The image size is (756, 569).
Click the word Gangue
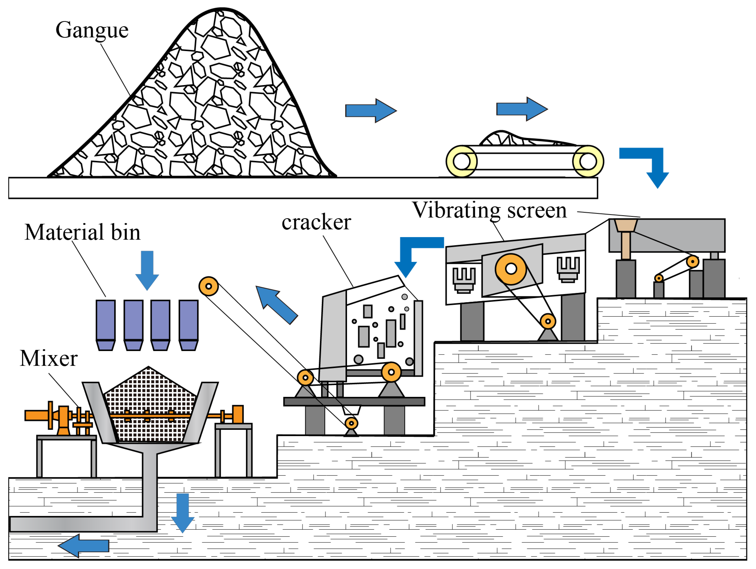(x=92, y=30)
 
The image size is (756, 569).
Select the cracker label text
(x=316, y=222)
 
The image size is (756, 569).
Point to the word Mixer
(x=49, y=359)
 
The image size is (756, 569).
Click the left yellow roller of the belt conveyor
(x=461, y=161)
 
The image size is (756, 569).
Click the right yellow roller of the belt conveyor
(x=588, y=161)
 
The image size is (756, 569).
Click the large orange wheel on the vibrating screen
(x=511, y=269)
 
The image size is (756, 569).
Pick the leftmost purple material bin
(x=106, y=325)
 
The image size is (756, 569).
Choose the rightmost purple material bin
(x=188, y=325)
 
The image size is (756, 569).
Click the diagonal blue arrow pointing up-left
(x=276, y=304)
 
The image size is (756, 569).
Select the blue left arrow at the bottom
(x=84, y=546)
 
